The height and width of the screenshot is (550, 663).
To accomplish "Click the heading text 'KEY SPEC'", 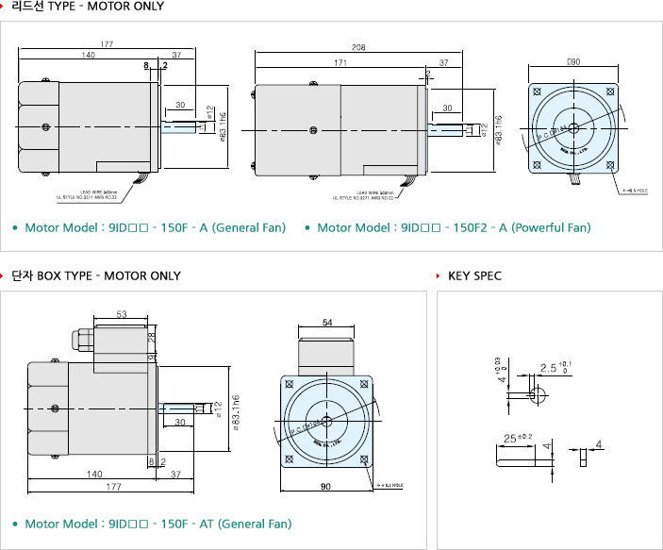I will (x=474, y=276).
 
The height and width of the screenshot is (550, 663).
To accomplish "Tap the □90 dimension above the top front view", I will (x=572, y=61).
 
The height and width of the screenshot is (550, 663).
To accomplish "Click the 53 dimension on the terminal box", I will (x=122, y=314).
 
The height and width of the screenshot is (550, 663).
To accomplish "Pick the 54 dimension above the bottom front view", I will (x=326, y=323).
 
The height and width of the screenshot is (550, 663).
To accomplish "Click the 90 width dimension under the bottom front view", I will (x=325, y=487).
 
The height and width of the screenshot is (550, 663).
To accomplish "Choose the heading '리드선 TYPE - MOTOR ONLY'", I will (x=88, y=7).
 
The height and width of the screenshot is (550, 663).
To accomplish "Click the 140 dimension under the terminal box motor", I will (x=94, y=475).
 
